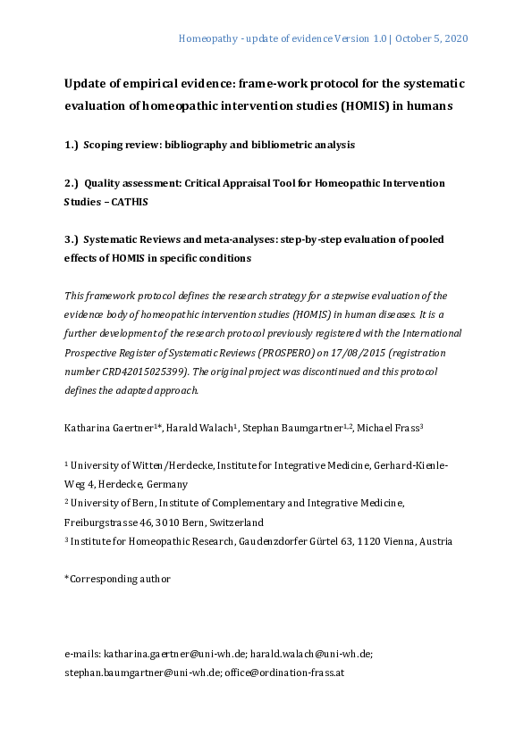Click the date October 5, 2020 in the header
[432, 39]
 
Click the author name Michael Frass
[390, 429]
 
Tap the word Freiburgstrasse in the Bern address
[100, 522]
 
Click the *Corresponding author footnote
[117, 579]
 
